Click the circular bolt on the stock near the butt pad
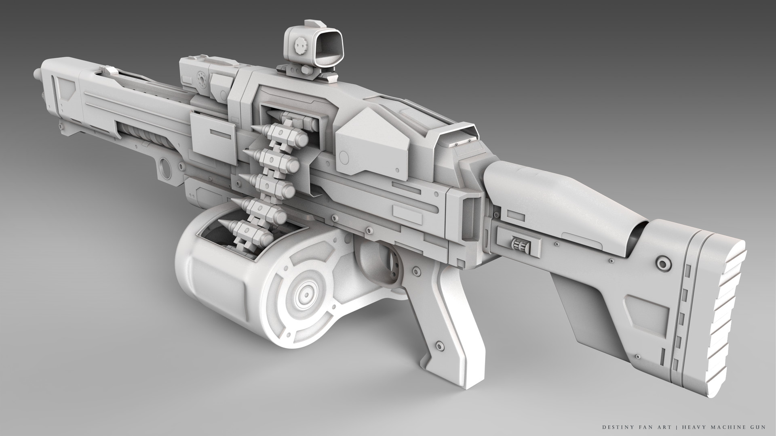click(x=662, y=264)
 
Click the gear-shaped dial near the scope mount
click(x=201, y=77)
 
